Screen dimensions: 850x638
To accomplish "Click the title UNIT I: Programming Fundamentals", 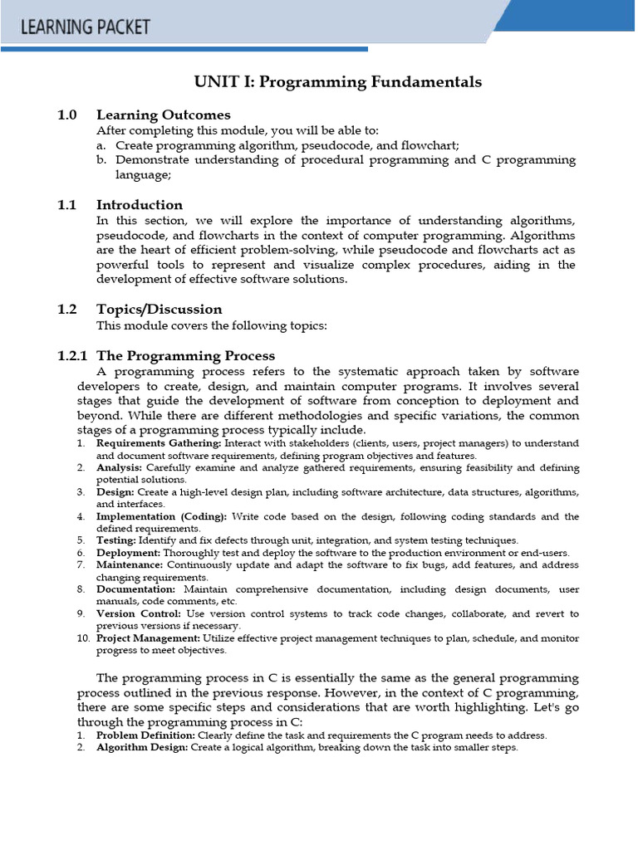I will coord(337,81).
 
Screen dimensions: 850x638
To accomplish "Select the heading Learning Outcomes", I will coord(163,115).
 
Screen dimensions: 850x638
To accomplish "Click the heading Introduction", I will coord(140,204).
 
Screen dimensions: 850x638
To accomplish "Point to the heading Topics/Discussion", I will coord(159,309).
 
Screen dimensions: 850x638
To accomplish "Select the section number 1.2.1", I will coord(72,355).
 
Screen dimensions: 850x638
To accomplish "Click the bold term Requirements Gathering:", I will coord(159,443).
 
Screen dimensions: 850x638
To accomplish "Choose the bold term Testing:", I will coord(116,540).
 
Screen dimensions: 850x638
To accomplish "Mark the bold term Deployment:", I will coord(129,553).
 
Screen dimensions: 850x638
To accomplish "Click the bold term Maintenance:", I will coord(130,564).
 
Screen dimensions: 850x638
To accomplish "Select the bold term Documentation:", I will coord(135,589).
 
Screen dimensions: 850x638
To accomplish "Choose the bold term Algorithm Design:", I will coord(143,747).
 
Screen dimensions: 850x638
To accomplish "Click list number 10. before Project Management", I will coord(82,637).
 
